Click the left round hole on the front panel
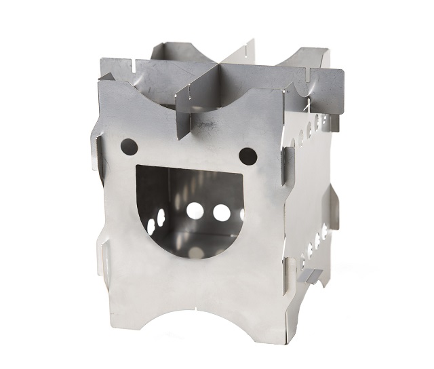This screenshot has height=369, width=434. click(x=127, y=145)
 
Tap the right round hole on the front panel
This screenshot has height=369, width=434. click(x=248, y=156)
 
